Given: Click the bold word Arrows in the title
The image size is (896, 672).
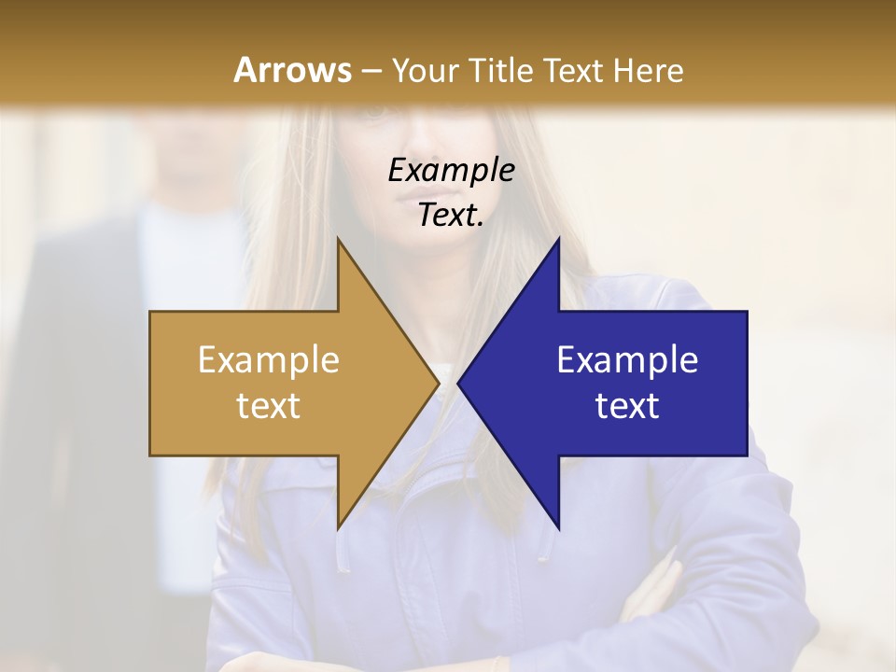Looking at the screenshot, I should tap(293, 70).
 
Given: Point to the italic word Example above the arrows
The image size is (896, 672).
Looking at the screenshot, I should tap(451, 171).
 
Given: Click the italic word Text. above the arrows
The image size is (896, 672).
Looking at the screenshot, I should tap(451, 216).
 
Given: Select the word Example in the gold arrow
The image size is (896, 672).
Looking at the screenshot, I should tap(269, 360).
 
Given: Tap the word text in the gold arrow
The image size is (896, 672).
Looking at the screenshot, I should tap(269, 406).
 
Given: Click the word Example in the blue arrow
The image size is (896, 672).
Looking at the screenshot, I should tap(627, 360).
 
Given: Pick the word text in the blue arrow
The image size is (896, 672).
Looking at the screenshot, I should tap(627, 406).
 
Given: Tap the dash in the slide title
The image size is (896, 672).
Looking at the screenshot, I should tap(371, 71).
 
